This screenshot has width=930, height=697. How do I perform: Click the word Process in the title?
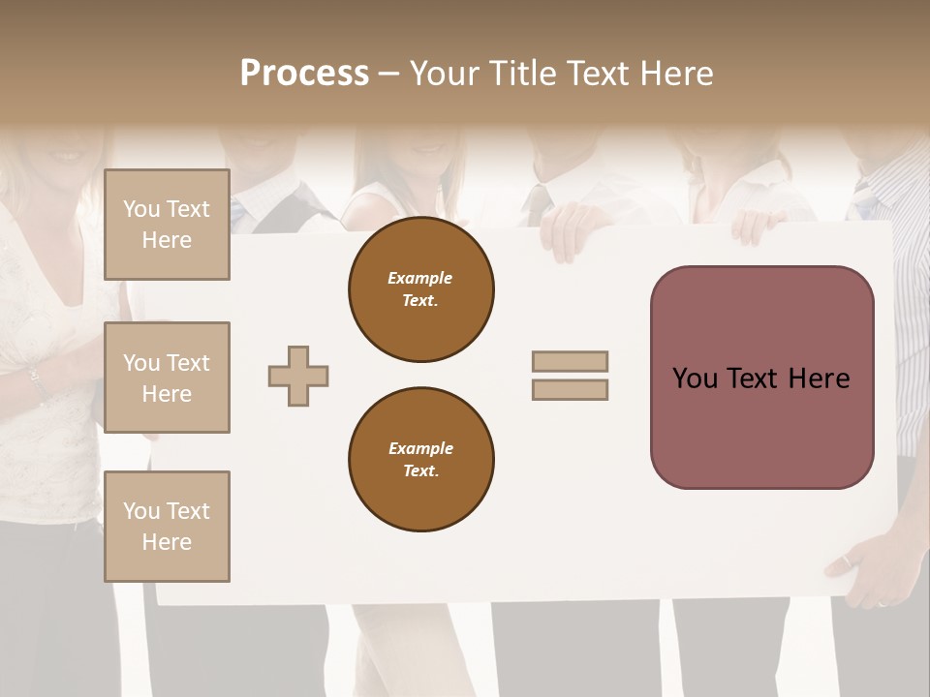coord(304,74)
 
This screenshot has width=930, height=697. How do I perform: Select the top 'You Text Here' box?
coord(167,225)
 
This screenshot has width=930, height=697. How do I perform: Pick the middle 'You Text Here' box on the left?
coord(167,378)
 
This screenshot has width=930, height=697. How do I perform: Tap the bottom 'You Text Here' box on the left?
coord(167,527)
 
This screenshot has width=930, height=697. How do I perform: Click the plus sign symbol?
coord(298,376)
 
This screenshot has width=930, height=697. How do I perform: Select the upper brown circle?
coord(421,289)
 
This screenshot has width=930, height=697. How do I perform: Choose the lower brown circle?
coord(421,459)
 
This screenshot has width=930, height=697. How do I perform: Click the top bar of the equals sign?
coord(571,361)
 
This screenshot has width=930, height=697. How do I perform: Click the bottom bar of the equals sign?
coord(571,390)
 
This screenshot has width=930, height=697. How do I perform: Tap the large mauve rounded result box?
coord(761,378)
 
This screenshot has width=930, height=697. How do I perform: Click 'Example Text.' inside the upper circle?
coord(420,289)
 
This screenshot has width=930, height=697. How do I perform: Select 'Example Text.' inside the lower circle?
coord(420,460)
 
